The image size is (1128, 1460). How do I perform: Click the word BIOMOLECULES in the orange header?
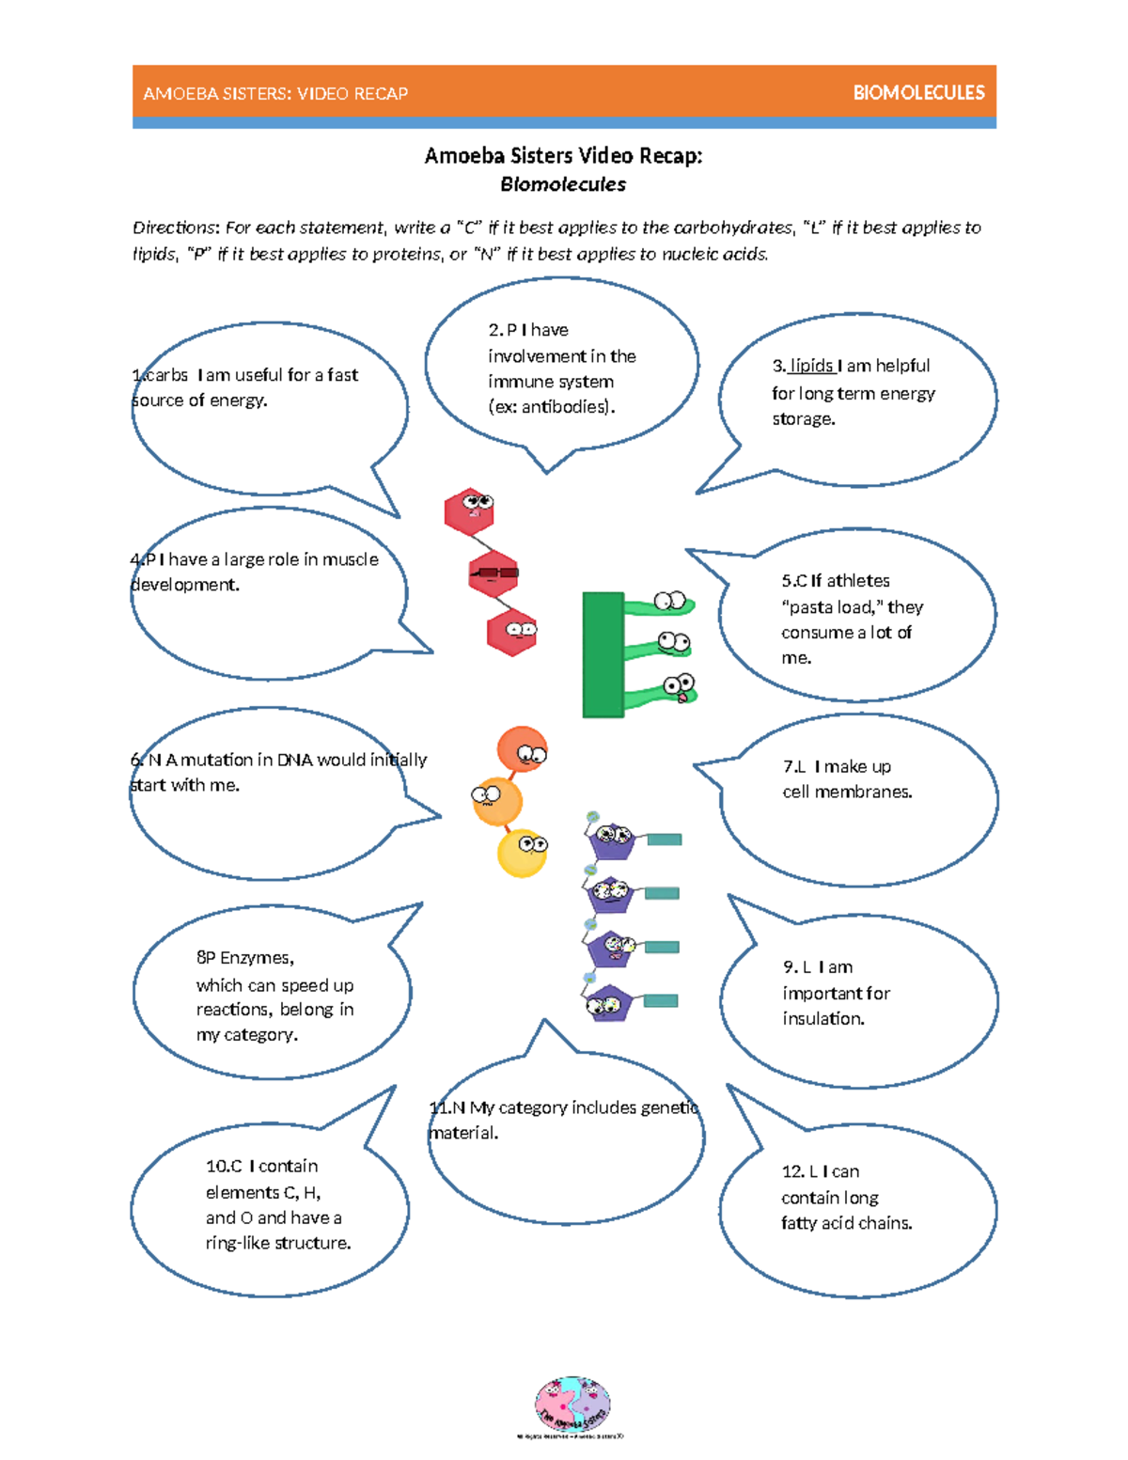point(918,93)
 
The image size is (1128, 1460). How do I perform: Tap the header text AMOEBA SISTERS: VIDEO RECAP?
point(275,94)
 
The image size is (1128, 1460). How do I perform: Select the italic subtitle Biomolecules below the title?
point(563,184)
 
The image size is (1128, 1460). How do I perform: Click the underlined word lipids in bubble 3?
point(811,366)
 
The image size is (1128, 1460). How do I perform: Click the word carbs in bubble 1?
point(166,375)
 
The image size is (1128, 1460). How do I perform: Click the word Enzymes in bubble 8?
point(256,958)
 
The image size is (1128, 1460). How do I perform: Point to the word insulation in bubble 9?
point(823,1018)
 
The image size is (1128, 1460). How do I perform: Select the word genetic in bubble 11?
point(669,1107)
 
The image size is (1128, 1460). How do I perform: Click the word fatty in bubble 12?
point(801,1223)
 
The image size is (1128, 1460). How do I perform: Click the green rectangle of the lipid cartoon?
point(603,654)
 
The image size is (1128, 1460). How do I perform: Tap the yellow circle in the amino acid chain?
point(522,854)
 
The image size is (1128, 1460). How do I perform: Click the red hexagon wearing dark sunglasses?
point(493,573)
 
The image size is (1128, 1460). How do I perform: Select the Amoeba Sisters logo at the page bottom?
point(572,1405)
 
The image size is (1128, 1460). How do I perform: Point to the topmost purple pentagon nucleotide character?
point(612,839)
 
